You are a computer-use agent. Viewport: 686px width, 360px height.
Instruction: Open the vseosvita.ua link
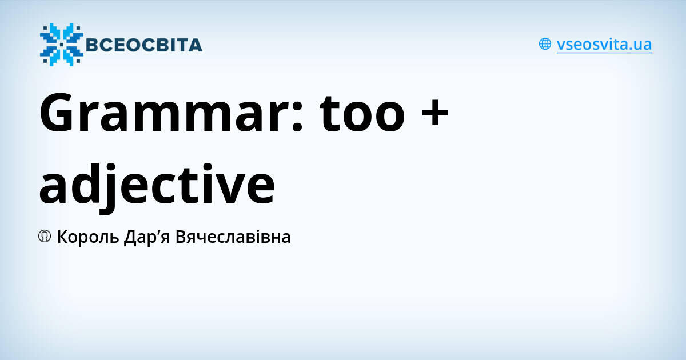point(604,44)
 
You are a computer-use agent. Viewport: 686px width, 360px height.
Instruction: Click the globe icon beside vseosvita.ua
point(545,44)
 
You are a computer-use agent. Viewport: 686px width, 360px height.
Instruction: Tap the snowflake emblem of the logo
point(61,44)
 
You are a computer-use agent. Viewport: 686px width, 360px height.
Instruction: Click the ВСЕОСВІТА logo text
point(143,45)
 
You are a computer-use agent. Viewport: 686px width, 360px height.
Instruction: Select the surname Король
point(88,237)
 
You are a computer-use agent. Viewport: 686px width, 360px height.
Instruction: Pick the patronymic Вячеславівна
point(233,237)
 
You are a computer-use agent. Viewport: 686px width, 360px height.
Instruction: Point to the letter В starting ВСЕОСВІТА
point(92,45)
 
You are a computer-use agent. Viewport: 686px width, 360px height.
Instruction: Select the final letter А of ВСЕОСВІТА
point(195,45)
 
